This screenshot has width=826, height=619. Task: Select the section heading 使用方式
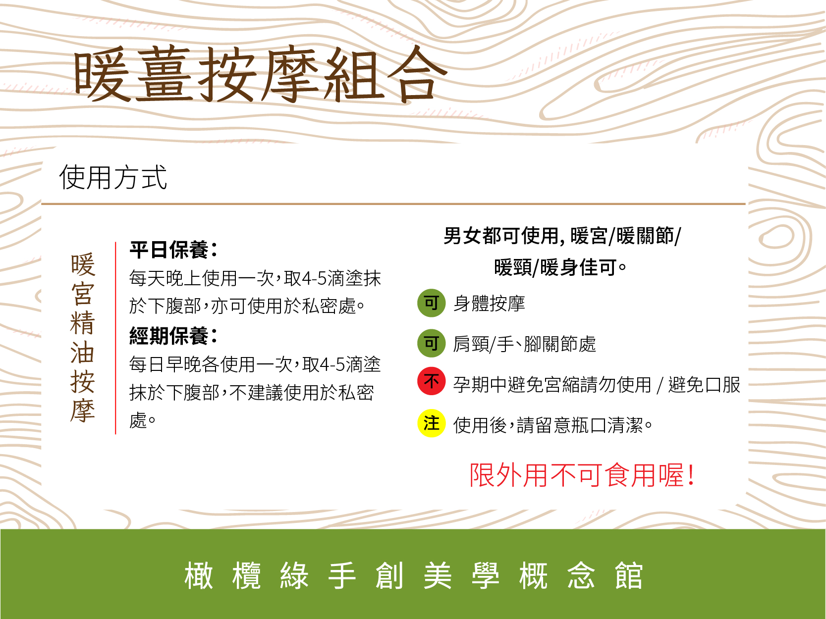[113, 177]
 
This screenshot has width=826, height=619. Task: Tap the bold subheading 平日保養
[173, 250]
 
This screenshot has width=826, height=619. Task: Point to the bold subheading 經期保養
[173, 335]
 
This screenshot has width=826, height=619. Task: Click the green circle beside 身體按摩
[431, 303]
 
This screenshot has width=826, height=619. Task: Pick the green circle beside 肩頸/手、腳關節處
[431, 343]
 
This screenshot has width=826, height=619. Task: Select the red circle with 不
[431, 381]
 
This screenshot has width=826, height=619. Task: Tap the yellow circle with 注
[431, 423]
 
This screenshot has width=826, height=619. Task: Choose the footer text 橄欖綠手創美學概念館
[413, 575]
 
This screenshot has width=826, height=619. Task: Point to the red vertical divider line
[115, 338]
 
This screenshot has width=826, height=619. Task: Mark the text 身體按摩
[489, 304]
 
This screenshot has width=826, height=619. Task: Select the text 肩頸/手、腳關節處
[525, 344]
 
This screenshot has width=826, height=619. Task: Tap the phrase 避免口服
[704, 385]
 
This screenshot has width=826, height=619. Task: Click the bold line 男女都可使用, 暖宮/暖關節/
[562, 236]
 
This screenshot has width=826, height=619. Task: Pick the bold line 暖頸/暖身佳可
[560, 267]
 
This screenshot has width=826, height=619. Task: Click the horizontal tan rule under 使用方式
[393, 204]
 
